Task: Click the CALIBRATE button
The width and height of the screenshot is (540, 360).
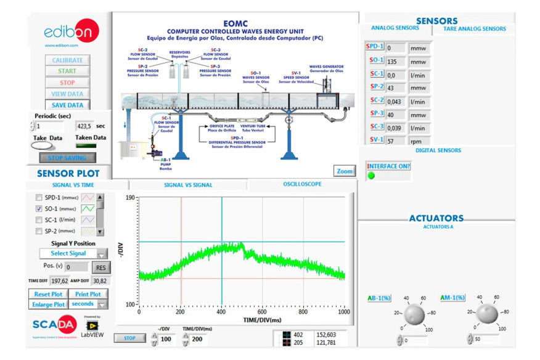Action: pos(67,60)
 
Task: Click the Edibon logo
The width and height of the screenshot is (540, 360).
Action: pos(68,33)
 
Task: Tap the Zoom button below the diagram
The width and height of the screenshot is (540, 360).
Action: pos(345,171)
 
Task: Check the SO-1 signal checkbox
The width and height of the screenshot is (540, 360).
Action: pos(39,209)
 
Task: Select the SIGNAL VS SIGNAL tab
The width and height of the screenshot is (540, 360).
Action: pos(187,185)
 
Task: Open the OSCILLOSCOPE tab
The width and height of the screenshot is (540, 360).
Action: pos(302,184)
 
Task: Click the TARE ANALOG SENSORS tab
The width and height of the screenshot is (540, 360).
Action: pos(474,28)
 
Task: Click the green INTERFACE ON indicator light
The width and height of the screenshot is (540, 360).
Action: pos(371,176)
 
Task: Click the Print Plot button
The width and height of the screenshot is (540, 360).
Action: pos(88,294)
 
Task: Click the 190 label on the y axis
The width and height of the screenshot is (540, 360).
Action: pos(129,198)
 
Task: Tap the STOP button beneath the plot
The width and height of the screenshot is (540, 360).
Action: pos(130,338)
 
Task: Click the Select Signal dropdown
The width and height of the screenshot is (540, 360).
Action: pos(73,253)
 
